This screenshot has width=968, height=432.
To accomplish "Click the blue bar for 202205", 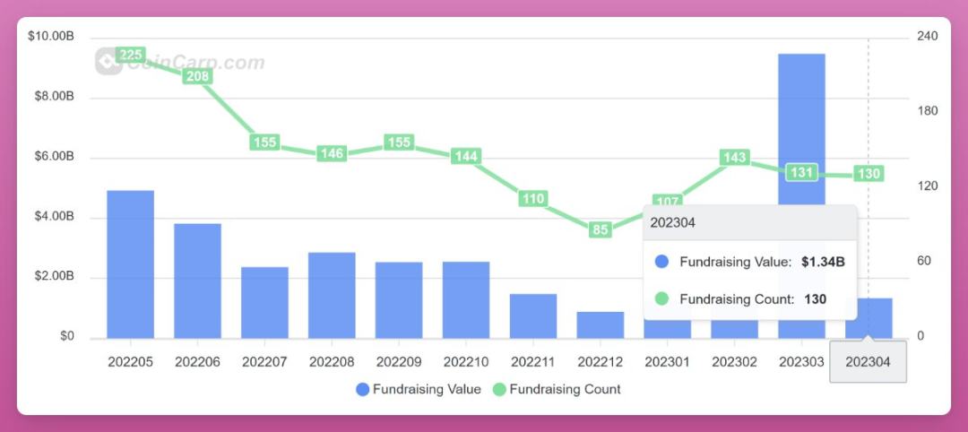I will pos(130,264).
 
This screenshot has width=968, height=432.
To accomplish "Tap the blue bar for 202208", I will pos(332,295).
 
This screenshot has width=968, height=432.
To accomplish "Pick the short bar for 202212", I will pos(601,324).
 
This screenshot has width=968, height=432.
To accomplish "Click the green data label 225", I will pos(131,56).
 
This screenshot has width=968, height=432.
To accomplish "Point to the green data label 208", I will pos(197,76).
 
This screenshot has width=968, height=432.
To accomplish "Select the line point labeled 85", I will pos(601,229).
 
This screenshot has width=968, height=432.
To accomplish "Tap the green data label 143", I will pos(734,158).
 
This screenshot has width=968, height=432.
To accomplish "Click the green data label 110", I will pos(533,198).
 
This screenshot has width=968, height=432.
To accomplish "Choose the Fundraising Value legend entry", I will pos(419,389).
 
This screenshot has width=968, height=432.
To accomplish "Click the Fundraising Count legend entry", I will pos(557,389).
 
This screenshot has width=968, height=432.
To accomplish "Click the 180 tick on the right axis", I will pos(928,111).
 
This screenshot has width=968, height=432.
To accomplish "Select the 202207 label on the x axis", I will pos(264,362).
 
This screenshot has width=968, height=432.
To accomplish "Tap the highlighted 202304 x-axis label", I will pos(869,362).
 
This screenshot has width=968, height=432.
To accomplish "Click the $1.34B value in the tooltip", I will pos(823,262).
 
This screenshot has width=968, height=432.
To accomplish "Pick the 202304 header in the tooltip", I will pos(673,222).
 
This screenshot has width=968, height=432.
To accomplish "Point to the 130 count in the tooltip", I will pos(815,299).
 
